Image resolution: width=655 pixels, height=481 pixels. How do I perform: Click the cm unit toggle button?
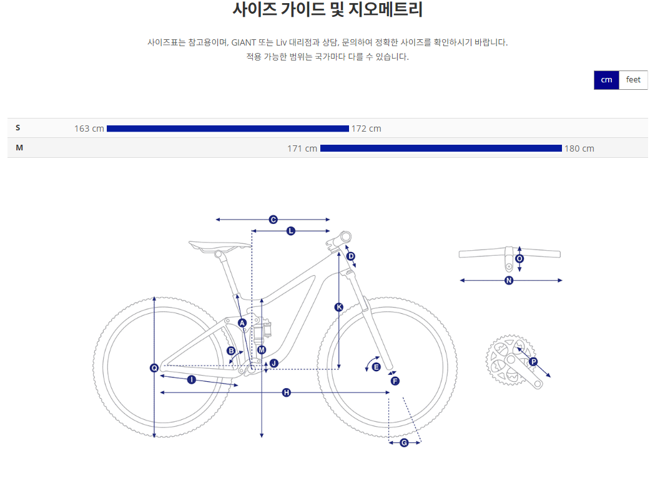click(606, 80)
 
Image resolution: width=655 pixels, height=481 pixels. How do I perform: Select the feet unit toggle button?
click(633, 80)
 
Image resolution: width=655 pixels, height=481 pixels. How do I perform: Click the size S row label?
click(18, 128)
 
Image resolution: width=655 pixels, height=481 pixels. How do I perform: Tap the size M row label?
click(19, 148)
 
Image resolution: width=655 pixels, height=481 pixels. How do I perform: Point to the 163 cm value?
click(89, 129)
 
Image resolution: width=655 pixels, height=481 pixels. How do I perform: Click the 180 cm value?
click(579, 148)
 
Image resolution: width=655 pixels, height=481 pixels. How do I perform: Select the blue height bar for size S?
click(227, 129)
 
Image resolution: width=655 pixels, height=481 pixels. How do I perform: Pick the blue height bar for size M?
click(441, 148)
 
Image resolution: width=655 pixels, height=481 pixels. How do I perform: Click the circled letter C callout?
click(273, 220)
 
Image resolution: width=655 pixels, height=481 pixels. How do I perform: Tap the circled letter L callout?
click(290, 231)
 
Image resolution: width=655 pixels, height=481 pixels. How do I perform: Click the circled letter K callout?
click(339, 307)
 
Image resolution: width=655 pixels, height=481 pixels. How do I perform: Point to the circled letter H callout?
click(286, 392)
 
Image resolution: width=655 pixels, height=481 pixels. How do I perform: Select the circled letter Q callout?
click(154, 368)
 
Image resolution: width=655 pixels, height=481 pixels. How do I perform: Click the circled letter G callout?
click(404, 443)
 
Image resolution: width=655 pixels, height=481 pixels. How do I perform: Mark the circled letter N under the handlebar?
click(509, 281)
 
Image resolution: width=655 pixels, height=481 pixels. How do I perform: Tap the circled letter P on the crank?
click(533, 362)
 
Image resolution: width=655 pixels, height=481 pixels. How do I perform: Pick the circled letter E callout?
click(376, 367)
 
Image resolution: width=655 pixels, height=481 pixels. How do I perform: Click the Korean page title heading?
click(327, 10)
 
